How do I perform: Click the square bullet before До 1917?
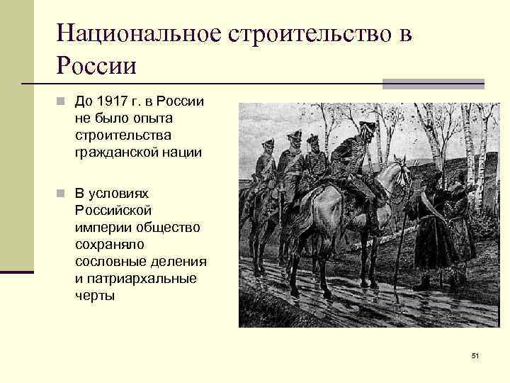(62, 101)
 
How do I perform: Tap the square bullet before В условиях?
(62, 194)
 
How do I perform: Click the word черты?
(94, 296)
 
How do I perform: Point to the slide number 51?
(475, 355)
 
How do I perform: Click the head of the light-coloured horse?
(401, 174)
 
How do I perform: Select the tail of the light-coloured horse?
(296, 227)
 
